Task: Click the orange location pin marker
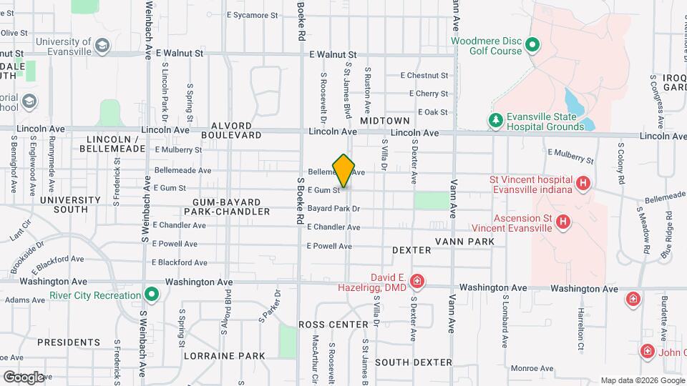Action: coord(344,170)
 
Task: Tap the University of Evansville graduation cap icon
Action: coord(103,46)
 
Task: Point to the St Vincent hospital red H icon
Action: coord(583,184)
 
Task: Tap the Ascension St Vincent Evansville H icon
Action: coord(564,222)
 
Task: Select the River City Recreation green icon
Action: coord(151,295)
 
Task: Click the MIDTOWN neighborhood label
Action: coord(385,122)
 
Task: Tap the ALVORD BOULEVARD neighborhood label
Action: coord(231,134)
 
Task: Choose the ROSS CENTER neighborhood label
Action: coord(333,325)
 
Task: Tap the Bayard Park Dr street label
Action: coord(333,209)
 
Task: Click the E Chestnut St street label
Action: coord(424,75)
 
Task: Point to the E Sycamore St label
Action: coord(251,14)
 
